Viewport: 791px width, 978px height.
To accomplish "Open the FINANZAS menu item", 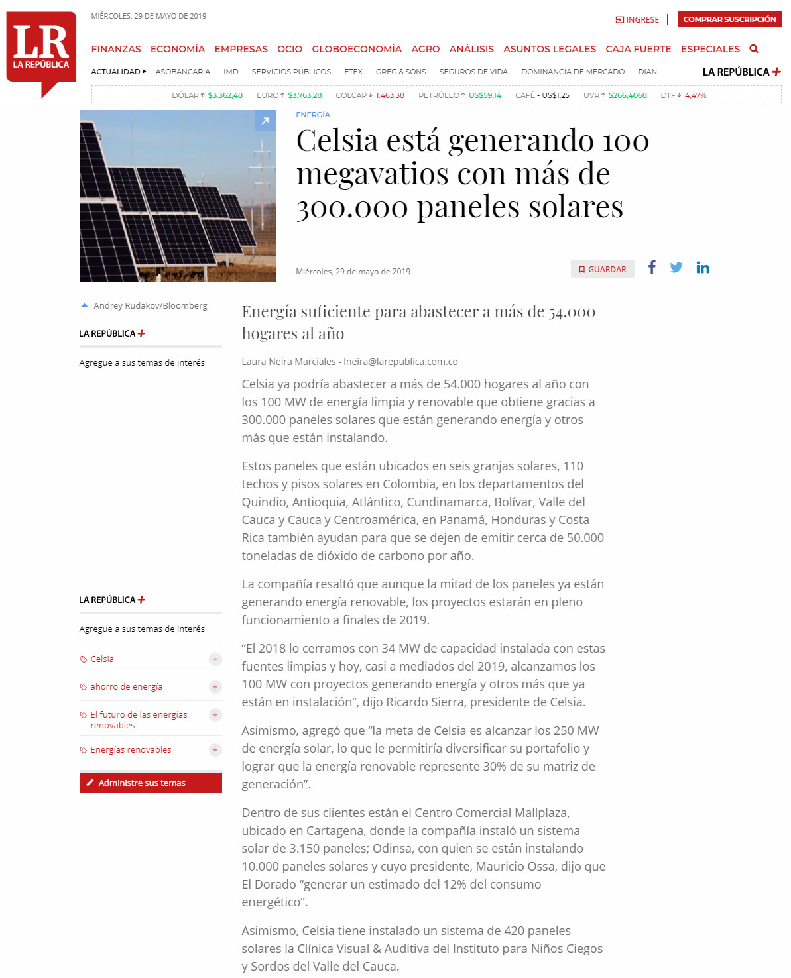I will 116,49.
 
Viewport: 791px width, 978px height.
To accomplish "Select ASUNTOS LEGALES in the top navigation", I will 549,49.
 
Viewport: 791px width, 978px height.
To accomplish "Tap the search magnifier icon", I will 754,49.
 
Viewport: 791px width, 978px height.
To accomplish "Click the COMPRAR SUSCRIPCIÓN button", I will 729,19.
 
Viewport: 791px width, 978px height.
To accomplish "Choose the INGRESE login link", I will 638,20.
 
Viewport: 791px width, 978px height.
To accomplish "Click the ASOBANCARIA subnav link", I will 183,72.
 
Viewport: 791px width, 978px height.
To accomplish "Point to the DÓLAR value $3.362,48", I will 225,95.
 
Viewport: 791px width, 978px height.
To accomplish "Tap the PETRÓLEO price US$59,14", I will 485,95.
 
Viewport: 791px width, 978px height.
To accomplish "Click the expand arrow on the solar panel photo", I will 265,121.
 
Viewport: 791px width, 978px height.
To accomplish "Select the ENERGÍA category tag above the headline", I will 313,115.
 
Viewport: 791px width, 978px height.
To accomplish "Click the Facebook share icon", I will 652,267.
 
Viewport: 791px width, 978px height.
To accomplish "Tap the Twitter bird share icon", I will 676,268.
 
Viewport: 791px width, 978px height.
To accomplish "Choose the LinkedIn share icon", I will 703,268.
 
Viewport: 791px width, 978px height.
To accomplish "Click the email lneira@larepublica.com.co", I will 400,362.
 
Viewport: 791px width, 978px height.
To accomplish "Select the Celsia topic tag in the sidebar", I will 102,659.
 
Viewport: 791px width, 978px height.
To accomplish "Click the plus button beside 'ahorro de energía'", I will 215,687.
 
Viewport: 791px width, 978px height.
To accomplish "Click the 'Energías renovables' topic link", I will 131,750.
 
